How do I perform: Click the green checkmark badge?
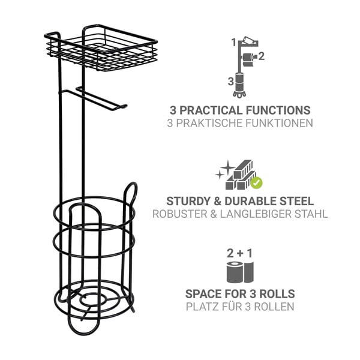click(256, 182)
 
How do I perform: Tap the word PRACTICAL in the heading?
click(211, 110)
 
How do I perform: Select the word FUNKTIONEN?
click(279, 123)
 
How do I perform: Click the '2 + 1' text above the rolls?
click(239, 253)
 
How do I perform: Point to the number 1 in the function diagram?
click(234, 43)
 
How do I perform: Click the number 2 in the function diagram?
click(262, 56)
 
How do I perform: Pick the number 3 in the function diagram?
click(231, 82)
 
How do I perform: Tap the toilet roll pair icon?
click(240, 272)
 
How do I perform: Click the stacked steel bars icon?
click(239, 175)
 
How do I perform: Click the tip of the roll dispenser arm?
click(125, 106)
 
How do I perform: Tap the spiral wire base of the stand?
click(94, 299)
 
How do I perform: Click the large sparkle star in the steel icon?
click(227, 167)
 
